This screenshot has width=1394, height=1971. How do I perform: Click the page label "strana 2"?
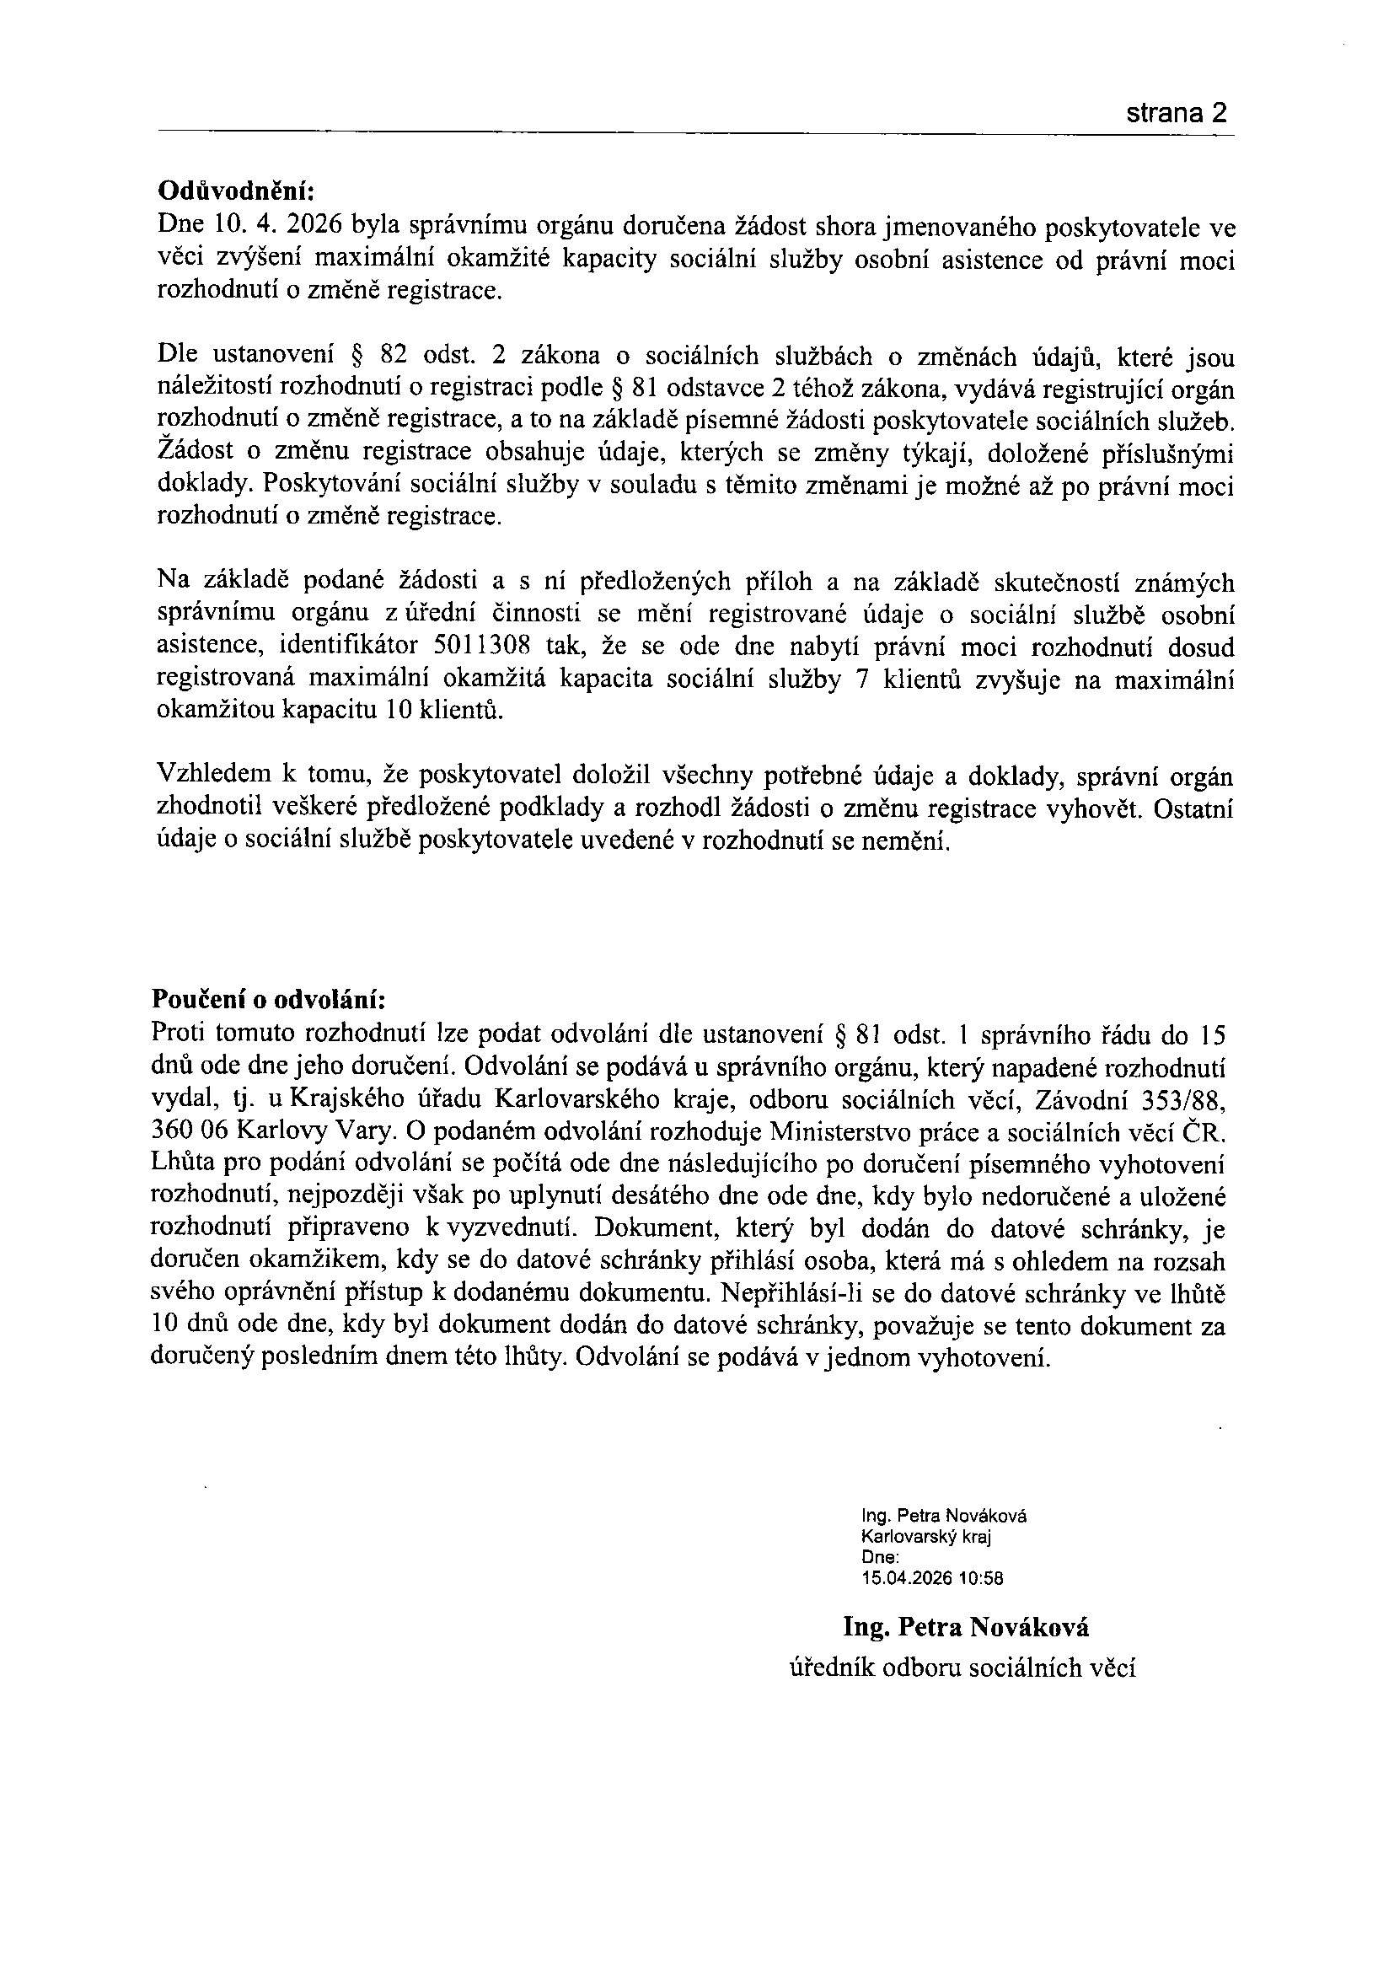pos(1175,113)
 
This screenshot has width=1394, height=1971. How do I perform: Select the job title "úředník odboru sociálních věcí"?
pos(962,1668)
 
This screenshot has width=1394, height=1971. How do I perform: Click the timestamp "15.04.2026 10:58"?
pos(932,1578)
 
